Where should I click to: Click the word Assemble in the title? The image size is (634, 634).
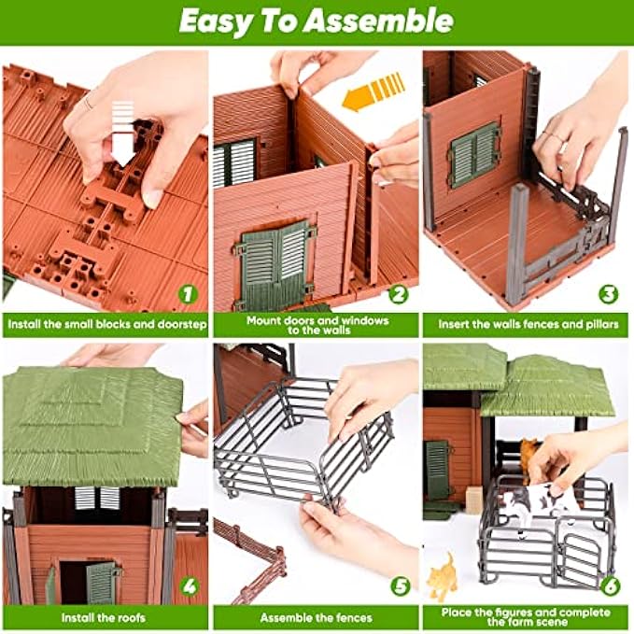pos(378,21)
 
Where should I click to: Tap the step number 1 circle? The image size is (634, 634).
pos(188,294)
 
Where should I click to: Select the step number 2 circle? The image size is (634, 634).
pos(399,294)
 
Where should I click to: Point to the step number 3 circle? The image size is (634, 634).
pos(608,294)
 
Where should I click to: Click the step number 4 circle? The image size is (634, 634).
pos(190,585)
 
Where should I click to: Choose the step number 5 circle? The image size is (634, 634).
pos(400,585)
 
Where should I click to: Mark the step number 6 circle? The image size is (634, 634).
pos(610,585)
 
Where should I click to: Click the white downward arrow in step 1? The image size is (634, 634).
pos(123,134)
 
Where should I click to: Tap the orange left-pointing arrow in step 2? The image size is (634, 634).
pos(373,92)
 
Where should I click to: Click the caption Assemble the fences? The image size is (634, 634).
pos(317,618)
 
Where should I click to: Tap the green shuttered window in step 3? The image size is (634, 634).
pos(475,155)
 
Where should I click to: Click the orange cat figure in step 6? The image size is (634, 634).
pos(442,576)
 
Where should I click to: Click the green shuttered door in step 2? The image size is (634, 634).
pos(275,265)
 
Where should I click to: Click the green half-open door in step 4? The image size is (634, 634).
pos(102,583)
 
